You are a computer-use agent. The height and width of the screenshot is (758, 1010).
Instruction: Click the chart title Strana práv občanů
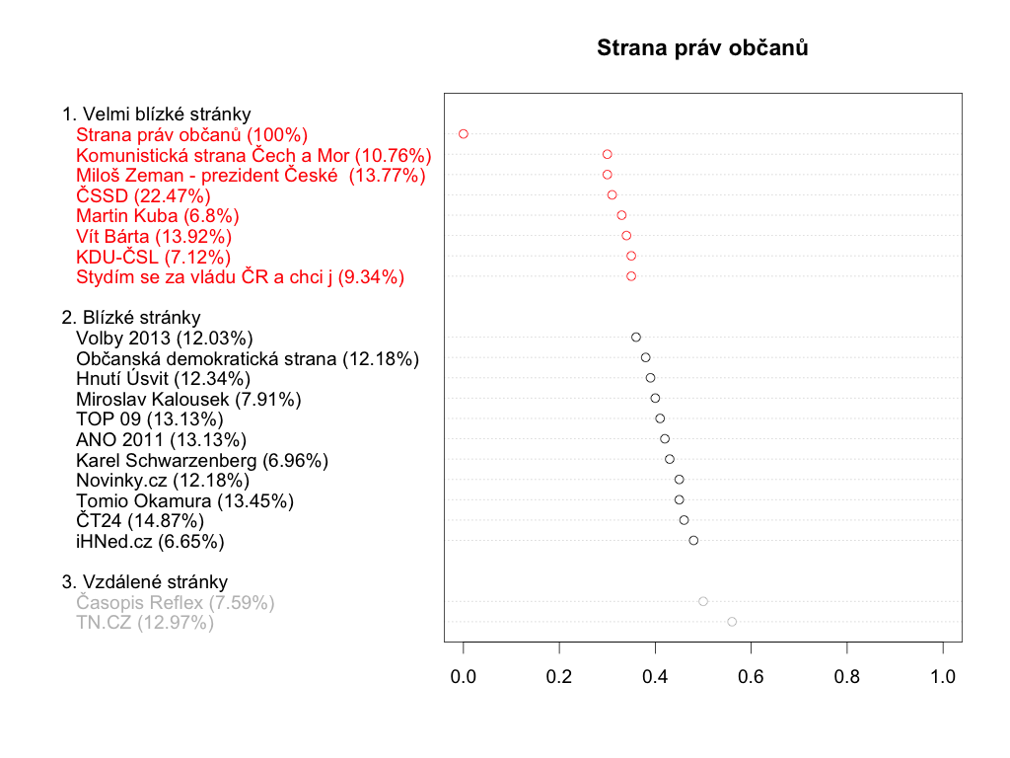[x=702, y=47]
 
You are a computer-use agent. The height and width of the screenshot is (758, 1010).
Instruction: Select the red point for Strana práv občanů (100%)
[x=464, y=133]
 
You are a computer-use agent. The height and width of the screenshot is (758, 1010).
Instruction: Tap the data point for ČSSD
[x=612, y=195]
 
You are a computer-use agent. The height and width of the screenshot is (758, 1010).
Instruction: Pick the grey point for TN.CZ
[x=732, y=622]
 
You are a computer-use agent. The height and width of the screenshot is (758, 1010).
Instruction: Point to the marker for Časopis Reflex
[x=703, y=601]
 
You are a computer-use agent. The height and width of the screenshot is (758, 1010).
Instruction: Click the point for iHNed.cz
[x=693, y=540]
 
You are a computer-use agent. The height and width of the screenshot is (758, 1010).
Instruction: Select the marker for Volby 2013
[x=636, y=338]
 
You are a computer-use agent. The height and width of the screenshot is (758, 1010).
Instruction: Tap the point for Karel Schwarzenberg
[x=670, y=459]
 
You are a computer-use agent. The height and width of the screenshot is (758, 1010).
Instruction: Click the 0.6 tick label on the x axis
[x=751, y=677]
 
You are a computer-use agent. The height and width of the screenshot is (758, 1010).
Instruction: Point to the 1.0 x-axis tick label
[x=943, y=677]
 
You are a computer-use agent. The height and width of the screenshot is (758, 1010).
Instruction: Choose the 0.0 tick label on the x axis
[x=464, y=677]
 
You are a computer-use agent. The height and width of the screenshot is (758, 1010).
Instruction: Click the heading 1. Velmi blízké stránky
[x=156, y=114]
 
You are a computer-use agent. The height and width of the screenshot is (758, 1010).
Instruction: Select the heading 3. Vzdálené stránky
[x=144, y=581]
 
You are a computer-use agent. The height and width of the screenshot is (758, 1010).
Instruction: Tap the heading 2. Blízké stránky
[x=131, y=317]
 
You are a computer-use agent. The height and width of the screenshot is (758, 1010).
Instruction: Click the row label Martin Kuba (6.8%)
[x=158, y=215]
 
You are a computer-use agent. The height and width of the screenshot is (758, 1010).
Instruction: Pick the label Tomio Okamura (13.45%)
[x=184, y=500]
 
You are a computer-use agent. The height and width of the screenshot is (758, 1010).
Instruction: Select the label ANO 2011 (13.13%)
[x=161, y=439]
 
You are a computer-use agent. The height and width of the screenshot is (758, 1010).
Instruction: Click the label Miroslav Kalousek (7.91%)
[x=188, y=399]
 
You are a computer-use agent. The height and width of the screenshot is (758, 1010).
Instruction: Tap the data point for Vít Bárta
[x=626, y=235]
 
